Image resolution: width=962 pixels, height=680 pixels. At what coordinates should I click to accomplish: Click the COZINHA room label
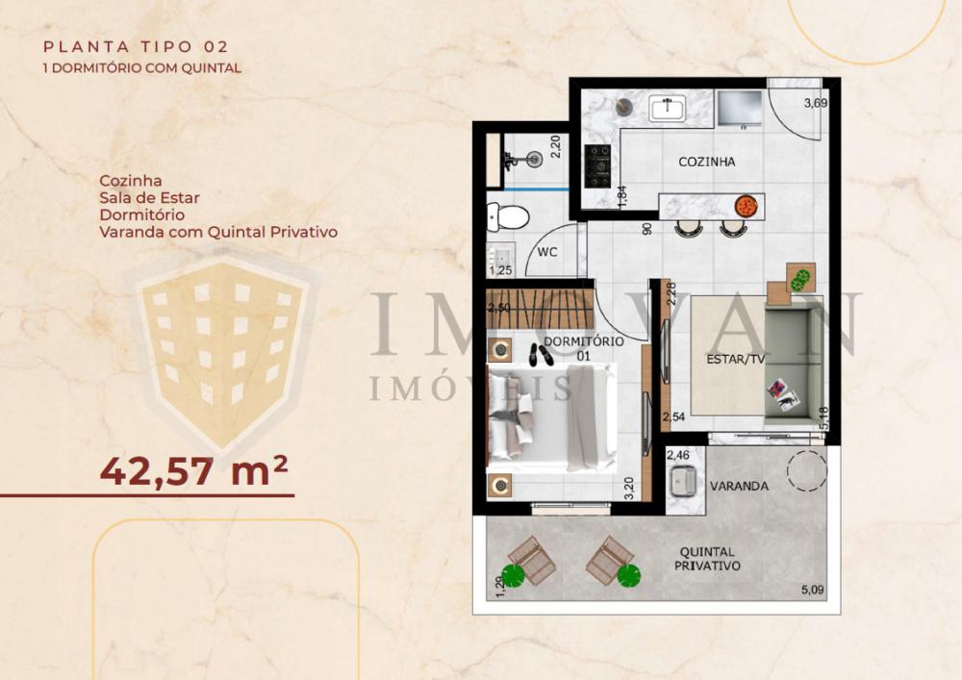[x=706, y=162]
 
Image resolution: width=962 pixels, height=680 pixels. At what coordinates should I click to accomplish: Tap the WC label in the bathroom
[x=546, y=252]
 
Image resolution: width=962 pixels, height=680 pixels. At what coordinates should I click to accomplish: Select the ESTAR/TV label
[x=735, y=360]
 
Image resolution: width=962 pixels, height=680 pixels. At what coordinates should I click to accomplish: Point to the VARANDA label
[x=739, y=487]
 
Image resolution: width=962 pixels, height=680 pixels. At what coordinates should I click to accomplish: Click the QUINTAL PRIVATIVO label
[x=707, y=559]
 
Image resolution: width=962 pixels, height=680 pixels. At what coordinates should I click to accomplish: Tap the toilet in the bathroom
[x=508, y=216]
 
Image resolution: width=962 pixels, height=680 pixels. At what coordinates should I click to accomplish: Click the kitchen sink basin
[x=668, y=109]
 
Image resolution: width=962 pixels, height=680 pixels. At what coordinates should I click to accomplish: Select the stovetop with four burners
[x=597, y=165]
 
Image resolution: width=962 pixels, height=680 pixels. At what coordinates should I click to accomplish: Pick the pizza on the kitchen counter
[x=747, y=206]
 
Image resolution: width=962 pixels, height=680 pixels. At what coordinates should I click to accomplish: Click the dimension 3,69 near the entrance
[x=816, y=103]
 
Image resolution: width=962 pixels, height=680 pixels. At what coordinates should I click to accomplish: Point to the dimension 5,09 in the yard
[x=812, y=590]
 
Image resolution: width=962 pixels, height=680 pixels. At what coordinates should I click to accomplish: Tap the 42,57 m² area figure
[x=193, y=471]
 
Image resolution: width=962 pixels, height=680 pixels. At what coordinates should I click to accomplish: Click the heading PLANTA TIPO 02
[x=136, y=46]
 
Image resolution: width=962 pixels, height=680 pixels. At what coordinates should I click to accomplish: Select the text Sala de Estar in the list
[x=150, y=198]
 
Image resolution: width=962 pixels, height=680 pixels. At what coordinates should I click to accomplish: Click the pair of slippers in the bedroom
[x=541, y=354]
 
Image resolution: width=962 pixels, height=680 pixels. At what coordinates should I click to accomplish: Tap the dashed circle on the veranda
[x=807, y=470]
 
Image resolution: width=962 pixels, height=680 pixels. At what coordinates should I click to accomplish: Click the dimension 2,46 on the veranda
[x=678, y=455]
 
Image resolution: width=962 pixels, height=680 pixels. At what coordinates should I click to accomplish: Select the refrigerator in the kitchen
[x=739, y=109]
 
